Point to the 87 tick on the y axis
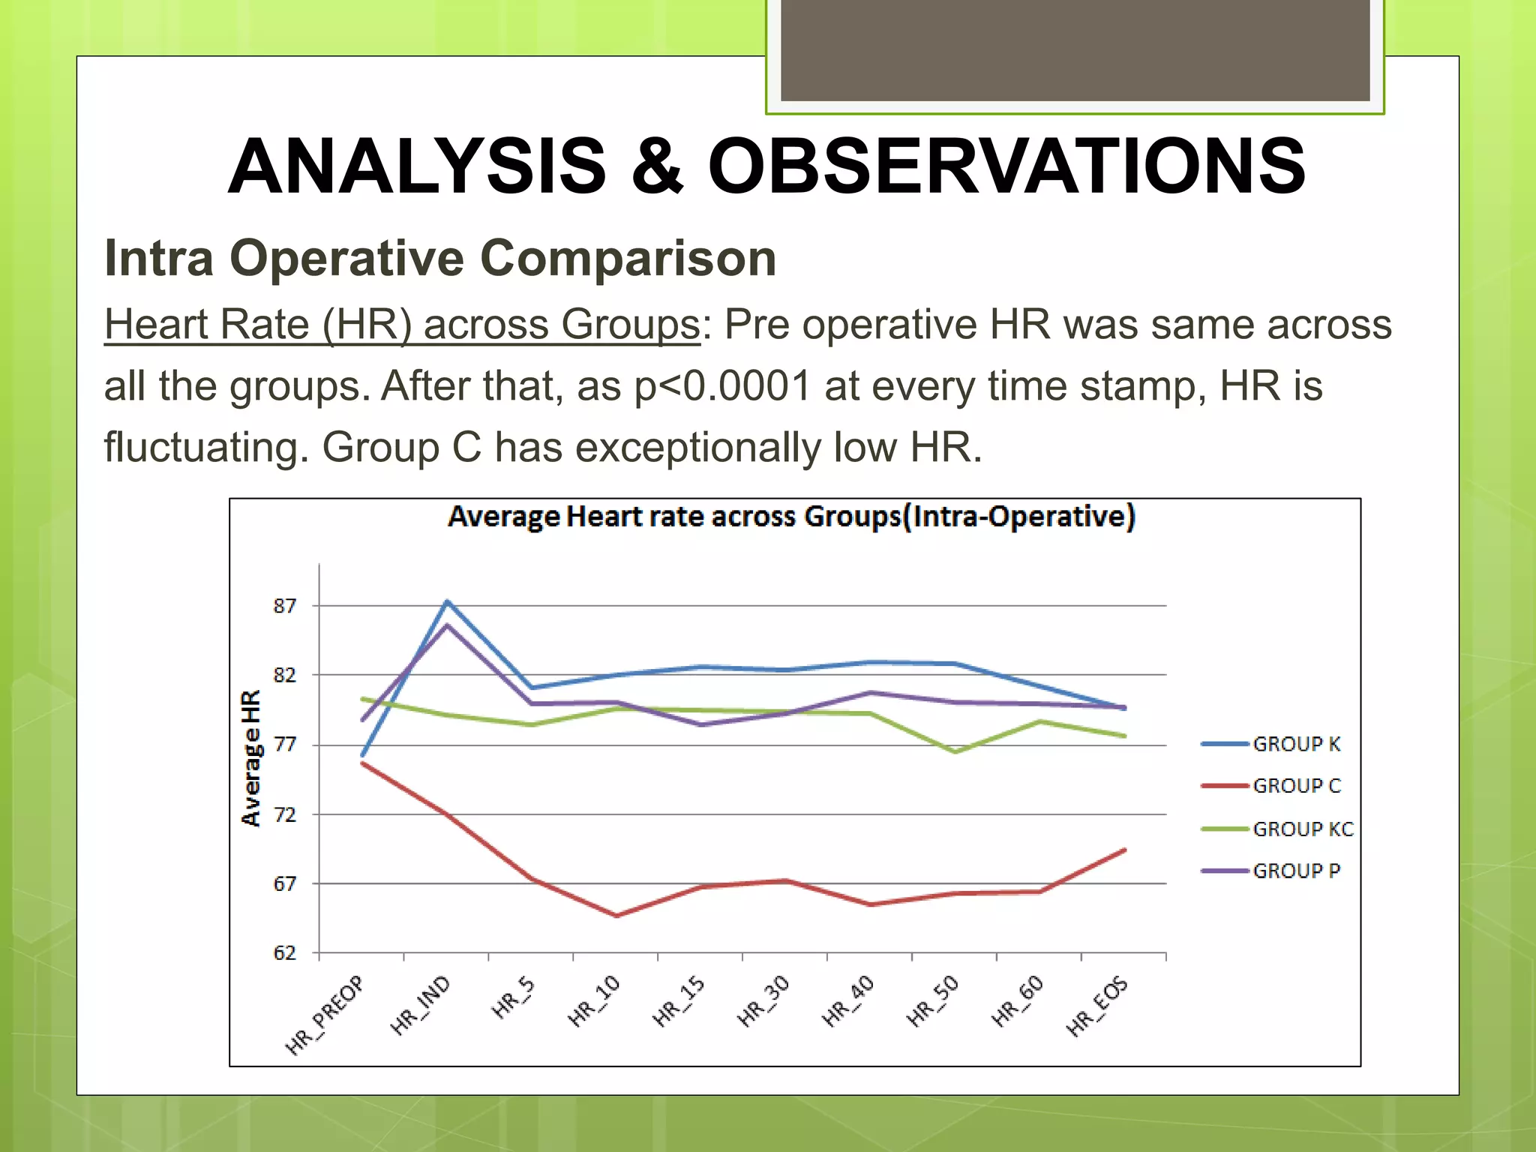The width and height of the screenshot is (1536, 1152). [x=284, y=606]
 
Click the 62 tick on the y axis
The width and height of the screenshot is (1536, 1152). [x=284, y=953]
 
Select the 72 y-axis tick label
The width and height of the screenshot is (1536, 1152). [x=284, y=814]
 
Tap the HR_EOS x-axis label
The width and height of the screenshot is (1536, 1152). [x=1098, y=1006]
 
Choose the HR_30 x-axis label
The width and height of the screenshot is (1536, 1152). [x=763, y=1002]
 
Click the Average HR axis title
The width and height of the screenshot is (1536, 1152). [x=251, y=757]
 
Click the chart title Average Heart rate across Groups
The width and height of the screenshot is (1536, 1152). [x=791, y=517]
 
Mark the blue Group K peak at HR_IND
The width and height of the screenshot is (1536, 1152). [x=448, y=601]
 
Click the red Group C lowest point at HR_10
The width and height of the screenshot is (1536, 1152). [x=616, y=916]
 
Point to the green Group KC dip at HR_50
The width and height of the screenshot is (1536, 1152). [x=955, y=751]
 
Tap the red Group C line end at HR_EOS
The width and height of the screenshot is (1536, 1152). [x=1124, y=850]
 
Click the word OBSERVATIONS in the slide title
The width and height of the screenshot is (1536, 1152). [x=1006, y=166]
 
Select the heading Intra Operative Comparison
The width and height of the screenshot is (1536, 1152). [x=440, y=259]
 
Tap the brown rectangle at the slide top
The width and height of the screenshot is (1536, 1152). [x=1075, y=49]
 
